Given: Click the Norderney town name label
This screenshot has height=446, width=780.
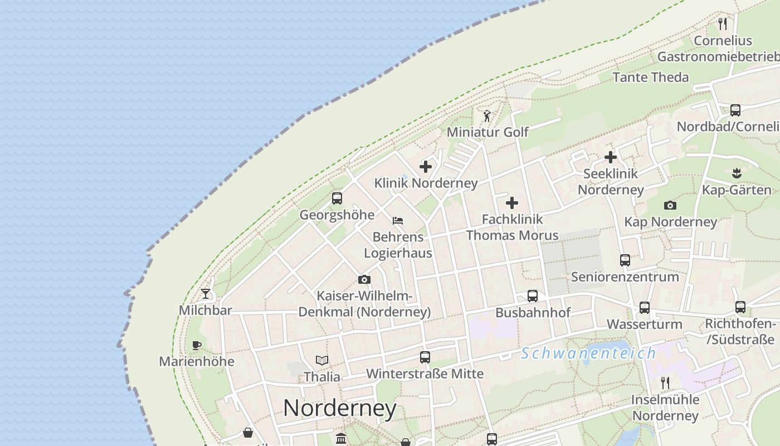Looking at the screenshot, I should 339,408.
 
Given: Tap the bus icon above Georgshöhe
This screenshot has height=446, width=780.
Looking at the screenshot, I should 337,198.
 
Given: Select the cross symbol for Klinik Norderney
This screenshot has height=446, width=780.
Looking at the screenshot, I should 426,166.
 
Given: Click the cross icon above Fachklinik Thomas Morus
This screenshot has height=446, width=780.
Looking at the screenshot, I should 512,203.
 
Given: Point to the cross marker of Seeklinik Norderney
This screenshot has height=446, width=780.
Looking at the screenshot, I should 611,157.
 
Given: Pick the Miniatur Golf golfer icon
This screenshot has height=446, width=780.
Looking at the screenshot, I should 487,116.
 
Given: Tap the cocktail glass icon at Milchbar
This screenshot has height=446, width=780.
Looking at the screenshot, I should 206,294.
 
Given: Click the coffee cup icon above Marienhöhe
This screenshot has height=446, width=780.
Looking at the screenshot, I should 196,345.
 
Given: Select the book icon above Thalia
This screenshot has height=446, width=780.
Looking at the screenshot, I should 322,360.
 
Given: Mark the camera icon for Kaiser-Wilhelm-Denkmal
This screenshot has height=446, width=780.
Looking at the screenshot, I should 364,279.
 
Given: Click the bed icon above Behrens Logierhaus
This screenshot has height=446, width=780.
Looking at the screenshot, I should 397,221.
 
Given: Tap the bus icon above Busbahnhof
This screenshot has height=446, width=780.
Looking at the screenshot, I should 533,296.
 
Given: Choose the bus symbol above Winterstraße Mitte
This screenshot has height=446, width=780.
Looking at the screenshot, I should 425,357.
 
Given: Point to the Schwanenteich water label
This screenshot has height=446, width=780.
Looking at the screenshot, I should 588,353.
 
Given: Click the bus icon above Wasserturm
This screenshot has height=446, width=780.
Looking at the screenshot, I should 645,308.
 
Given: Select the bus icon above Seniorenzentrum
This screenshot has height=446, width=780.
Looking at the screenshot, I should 625,260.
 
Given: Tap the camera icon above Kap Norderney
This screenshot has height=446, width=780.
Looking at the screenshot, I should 670,205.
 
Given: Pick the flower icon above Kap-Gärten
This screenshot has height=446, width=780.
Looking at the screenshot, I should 737,173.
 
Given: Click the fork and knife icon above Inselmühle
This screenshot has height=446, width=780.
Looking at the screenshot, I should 665,382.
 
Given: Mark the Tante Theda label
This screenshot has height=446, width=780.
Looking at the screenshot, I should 651,77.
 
